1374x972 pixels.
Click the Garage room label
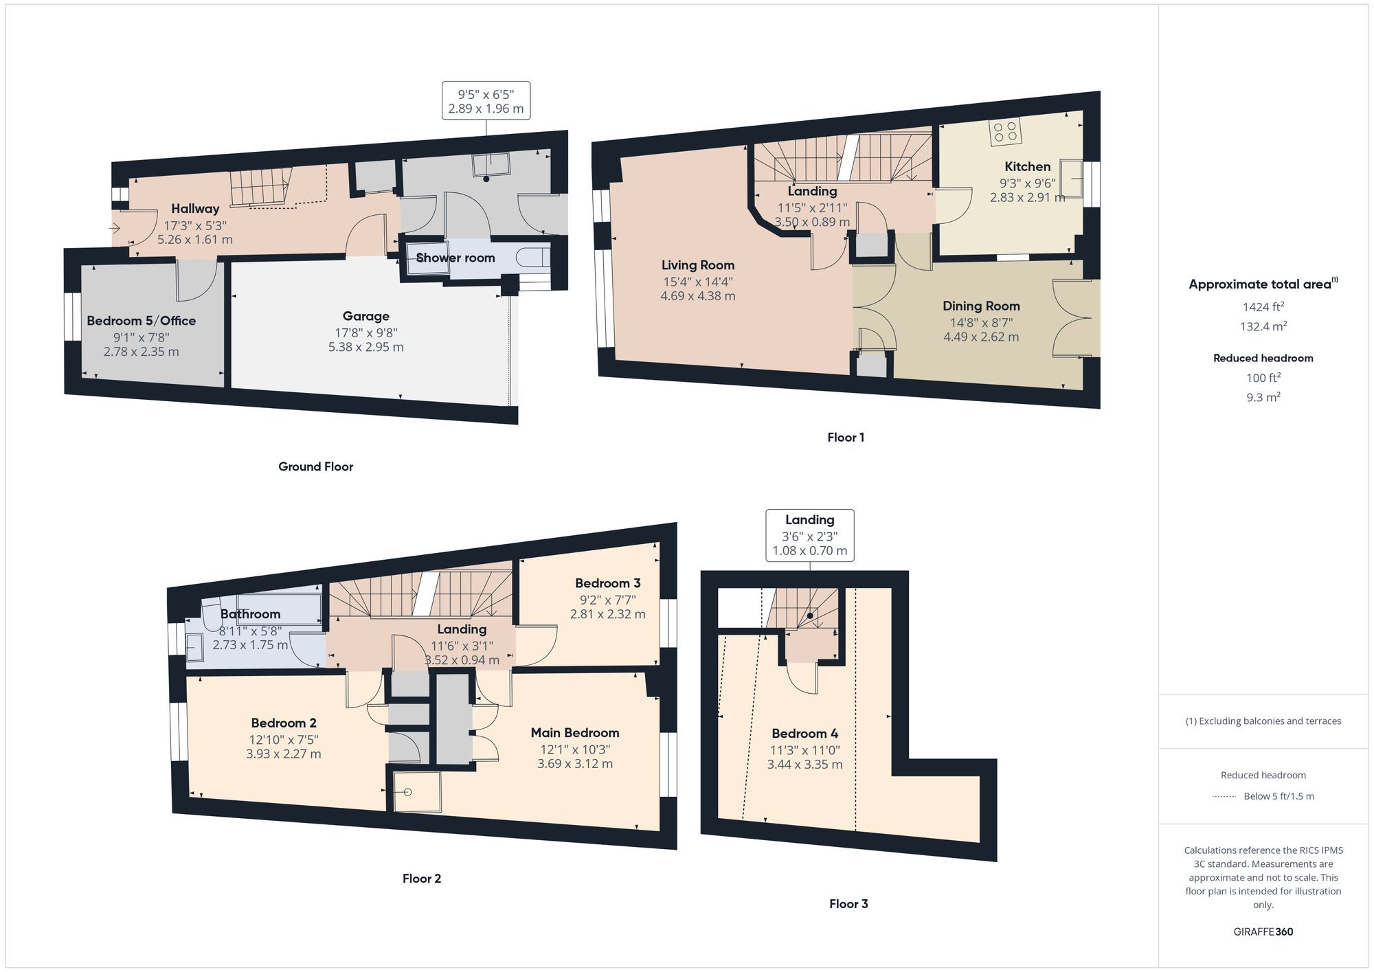coord(365,316)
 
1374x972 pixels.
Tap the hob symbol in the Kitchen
coord(1005,131)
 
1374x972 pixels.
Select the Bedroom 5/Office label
coord(141,321)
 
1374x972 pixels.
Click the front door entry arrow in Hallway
coord(115,228)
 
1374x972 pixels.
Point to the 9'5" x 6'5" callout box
coord(486,101)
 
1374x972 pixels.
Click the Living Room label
coord(697,265)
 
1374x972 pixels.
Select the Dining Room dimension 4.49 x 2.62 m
coord(980,337)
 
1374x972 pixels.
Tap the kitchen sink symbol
coord(1070,178)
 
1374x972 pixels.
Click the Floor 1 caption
coord(845,438)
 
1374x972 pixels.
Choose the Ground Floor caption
coord(315,466)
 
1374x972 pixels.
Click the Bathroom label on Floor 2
coord(250,614)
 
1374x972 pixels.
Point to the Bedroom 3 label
coord(607,583)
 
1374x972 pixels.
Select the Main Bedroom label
coord(574,733)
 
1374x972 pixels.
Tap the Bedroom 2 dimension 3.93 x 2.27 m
coord(283,754)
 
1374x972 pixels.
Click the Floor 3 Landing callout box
coord(809,535)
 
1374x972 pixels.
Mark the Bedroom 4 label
coord(804,734)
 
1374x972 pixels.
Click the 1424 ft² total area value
coord(1263,307)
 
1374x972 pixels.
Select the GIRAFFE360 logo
coord(1263,932)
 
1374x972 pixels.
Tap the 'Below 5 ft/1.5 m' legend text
coord(1278,796)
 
